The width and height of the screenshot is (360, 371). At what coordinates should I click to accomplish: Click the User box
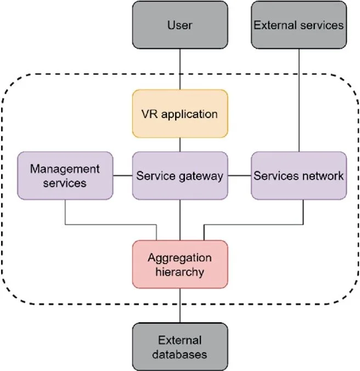tap(180, 25)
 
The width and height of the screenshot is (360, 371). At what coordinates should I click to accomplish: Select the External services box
tap(299, 25)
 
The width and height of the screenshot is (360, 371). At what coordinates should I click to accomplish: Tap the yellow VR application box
tap(180, 114)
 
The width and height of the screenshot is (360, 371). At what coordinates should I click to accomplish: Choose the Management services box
tap(65, 176)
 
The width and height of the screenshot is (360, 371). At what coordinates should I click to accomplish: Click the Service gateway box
tap(180, 176)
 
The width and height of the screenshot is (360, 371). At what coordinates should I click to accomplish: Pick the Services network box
tap(299, 176)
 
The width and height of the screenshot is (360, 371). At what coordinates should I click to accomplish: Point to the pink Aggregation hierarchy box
tap(180, 265)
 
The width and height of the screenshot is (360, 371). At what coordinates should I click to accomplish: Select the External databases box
tap(180, 347)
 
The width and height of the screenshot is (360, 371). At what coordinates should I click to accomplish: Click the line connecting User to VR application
tap(180, 69)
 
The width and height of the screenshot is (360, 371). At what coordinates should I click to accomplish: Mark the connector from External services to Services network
tap(299, 100)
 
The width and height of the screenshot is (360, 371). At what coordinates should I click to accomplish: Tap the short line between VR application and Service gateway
tap(180, 145)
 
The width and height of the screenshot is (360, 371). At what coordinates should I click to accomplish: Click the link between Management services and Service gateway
tap(122, 176)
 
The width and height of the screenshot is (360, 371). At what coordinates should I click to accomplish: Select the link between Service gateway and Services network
tap(239, 176)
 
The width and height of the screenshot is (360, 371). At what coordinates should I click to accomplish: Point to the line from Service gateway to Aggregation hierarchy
tap(180, 220)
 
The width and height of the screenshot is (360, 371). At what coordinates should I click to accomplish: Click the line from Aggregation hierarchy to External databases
tap(180, 306)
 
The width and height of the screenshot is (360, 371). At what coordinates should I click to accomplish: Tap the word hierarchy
tap(180, 272)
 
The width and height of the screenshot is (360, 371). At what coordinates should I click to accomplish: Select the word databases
tap(180, 355)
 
